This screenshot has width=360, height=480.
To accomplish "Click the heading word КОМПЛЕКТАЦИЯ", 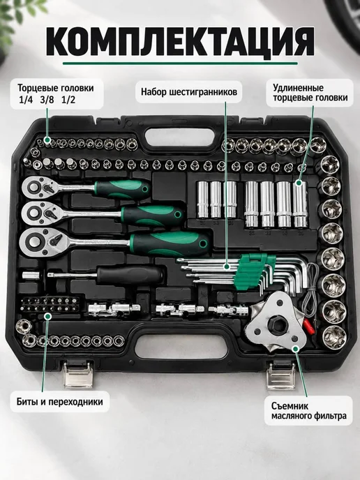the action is tap(180, 42).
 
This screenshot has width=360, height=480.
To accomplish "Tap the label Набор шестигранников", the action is tap(189, 92).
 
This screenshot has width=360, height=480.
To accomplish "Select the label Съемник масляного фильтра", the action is tap(309, 411).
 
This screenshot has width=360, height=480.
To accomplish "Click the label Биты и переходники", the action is tap(60, 401).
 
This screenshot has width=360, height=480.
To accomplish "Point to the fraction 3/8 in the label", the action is tap(47, 100).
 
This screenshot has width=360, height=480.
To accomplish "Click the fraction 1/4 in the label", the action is tap(26, 100).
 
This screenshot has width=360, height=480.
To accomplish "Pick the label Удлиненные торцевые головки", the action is tap(310, 93).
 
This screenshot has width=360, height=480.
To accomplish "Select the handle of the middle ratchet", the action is tap(153, 215).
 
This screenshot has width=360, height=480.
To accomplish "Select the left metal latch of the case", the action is tap(77, 375).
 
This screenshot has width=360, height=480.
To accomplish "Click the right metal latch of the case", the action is tap(281, 375).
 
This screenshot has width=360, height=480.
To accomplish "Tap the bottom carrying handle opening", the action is tap(181, 347).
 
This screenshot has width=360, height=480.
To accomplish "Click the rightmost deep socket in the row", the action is tap(299, 204).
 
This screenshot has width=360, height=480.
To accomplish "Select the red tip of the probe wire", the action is tap(308, 327).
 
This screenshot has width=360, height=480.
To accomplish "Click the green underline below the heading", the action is tap(180, 63).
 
